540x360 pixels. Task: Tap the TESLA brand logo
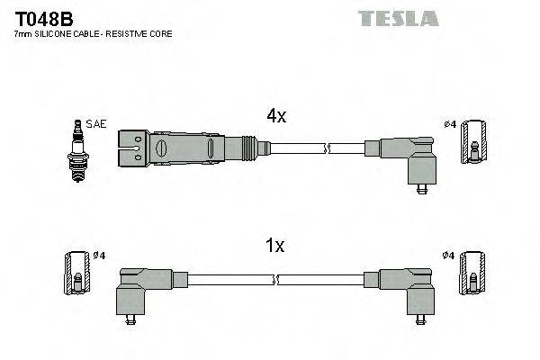pyautogui.click(x=398, y=17)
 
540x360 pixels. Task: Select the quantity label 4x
pyautogui.click(x=276, y=115)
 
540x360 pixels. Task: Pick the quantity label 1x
pyautogui.click(x=276, y=245)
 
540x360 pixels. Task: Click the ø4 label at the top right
pyautogui.click(x=450, y=123)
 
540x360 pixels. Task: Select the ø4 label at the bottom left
pyautogui.click(x=99, y=255)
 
